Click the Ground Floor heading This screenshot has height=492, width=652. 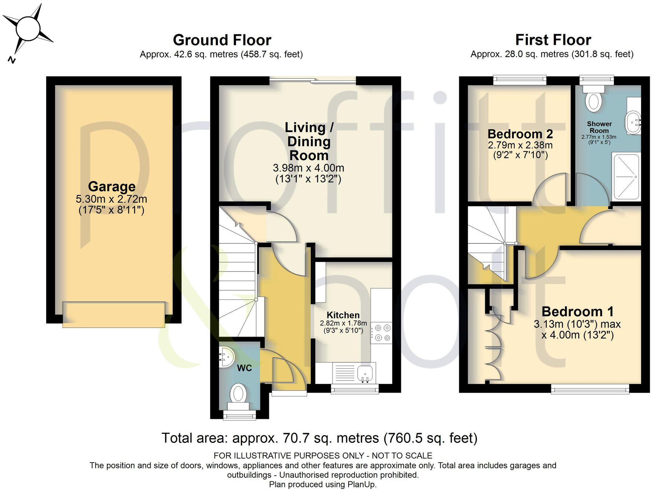222,40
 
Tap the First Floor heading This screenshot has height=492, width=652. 553,40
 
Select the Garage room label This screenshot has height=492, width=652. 112,186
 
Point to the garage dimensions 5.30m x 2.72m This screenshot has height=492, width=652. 111,199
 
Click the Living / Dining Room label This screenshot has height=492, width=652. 309,141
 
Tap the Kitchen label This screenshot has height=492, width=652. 343,315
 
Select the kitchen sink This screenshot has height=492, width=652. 365,373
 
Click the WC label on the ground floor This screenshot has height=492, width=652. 244,368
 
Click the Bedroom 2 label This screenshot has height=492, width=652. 520,134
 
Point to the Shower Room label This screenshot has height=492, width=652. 599,127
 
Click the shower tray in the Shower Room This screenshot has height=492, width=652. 626,177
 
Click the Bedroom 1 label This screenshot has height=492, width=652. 577,312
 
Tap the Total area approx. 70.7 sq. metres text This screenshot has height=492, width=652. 319,438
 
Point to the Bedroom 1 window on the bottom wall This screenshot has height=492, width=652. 590,390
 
